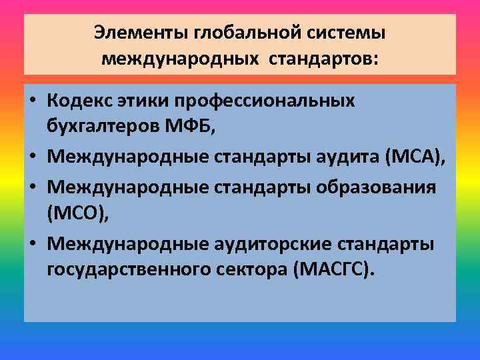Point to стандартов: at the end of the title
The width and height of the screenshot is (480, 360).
(x=323, y=59)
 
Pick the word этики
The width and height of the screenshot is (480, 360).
(x=145, y=101)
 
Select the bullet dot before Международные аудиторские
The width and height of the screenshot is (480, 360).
(x=33, y=245)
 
